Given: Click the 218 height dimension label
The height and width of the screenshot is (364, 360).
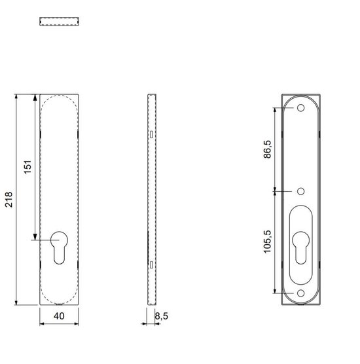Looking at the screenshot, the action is [x=9, y=200].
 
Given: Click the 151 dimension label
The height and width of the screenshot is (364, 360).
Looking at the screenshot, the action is [x=27, y=167].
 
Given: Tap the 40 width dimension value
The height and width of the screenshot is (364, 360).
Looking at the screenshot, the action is [x=59, y=316].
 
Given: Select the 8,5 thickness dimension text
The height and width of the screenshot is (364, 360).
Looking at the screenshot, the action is [x=162, y=316].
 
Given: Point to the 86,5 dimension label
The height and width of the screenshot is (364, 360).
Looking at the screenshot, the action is [x=267, y=149].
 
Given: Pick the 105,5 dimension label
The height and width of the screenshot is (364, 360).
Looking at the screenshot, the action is [x=267, y=242].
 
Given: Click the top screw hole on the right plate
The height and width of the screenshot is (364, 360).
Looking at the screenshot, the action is [x=301, y=108].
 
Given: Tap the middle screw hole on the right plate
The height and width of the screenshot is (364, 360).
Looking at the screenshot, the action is [x=301, y=191].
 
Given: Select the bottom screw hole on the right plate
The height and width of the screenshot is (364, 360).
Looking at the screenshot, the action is [x=301, y=293].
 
